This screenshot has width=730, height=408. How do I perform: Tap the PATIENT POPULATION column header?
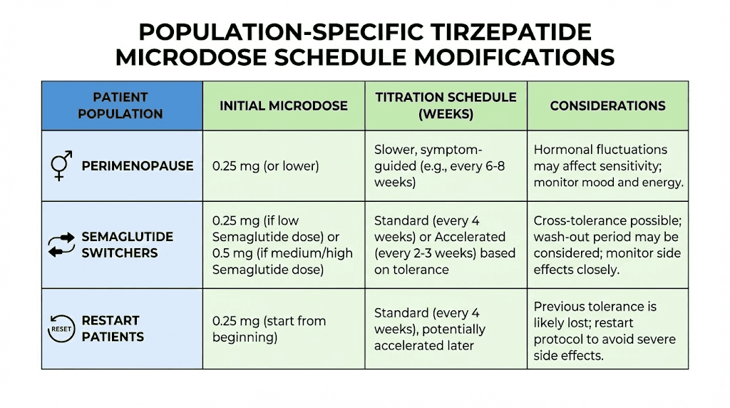(120, 105)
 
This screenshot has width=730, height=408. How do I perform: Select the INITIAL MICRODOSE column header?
(283, 106)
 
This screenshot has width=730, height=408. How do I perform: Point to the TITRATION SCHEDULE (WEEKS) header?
(446, 105)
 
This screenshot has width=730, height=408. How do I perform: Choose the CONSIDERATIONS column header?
(607, 106)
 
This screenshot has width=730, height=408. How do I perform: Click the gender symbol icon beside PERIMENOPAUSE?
(61, 165)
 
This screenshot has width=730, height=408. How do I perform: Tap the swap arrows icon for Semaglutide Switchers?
(61, 245)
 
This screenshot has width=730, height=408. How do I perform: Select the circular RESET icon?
(61, 328)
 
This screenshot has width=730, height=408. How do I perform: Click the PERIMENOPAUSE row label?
(138, 165)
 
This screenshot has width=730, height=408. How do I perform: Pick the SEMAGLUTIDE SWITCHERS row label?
(128, 245)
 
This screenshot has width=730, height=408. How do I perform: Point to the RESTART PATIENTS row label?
(113, 328)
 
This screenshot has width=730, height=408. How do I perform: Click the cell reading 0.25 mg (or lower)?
(265, 165)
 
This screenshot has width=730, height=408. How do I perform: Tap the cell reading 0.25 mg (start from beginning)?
(269, 329)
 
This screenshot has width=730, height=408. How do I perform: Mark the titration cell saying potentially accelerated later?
(429, 329)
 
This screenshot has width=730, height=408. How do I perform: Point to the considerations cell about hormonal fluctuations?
(608, 165)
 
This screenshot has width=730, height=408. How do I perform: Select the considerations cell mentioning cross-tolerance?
(607, 245)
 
